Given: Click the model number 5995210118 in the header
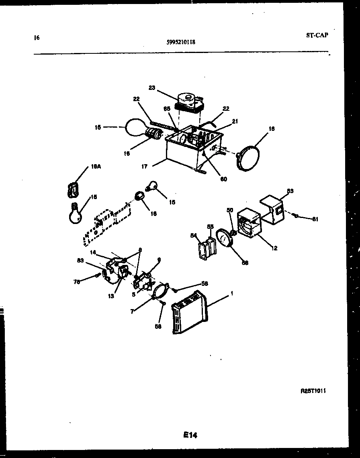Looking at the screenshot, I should (181, 41).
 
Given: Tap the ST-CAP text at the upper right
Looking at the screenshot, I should (317, 35).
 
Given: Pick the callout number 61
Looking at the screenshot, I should (315, 219).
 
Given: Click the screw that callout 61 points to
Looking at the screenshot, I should (296, 216).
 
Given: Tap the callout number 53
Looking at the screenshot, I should (290, 191).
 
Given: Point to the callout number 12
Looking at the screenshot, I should (274, 248).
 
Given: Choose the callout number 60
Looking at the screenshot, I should (223, 179).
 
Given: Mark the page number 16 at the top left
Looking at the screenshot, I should (37, 38).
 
